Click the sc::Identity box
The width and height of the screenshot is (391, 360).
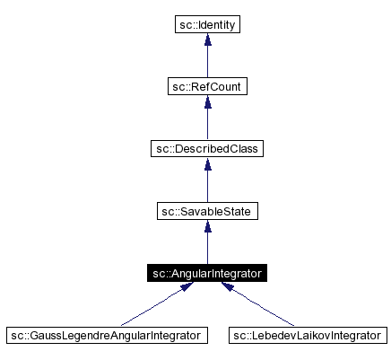(x=207, y=24)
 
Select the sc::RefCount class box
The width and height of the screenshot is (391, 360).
(x=207, y=86)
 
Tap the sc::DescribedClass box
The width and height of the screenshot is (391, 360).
(x=207, y=148)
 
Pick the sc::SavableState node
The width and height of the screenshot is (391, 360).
(x=207, y=211)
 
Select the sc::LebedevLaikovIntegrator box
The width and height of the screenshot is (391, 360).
(x=308, y=336)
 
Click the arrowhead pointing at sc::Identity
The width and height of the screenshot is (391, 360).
(x=207, y=40)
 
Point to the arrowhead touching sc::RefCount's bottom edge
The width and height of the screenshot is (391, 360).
(x=207, y=102)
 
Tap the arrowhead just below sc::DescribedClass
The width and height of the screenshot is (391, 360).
(x=207, y=164)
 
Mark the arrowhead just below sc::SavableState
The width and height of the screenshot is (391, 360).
(x=207, y=227)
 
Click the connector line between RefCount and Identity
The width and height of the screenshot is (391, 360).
(x=207, y=61)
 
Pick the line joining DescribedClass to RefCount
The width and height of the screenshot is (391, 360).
(x=207, y=123)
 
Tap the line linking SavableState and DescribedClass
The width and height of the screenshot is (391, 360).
(x=207, y=186)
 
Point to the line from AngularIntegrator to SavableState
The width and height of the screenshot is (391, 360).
(x=207, y=248)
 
